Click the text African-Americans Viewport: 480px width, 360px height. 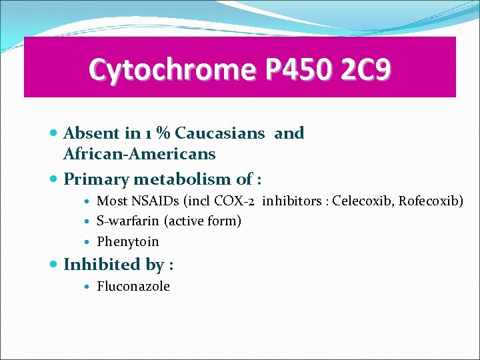[x=139, y=154]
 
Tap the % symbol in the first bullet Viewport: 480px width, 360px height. [x=164, y=133]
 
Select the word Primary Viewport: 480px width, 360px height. [x=96, y=179]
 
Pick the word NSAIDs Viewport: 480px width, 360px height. [x=147, y=201]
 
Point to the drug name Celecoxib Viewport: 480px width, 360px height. [x=363, y=201]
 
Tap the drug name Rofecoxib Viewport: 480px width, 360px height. [x=431, y=201]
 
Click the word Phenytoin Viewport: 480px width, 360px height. [x=128, y=241]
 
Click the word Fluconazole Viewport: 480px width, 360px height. [x=133, y=287]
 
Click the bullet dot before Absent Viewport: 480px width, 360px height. [x=54, y=133]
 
